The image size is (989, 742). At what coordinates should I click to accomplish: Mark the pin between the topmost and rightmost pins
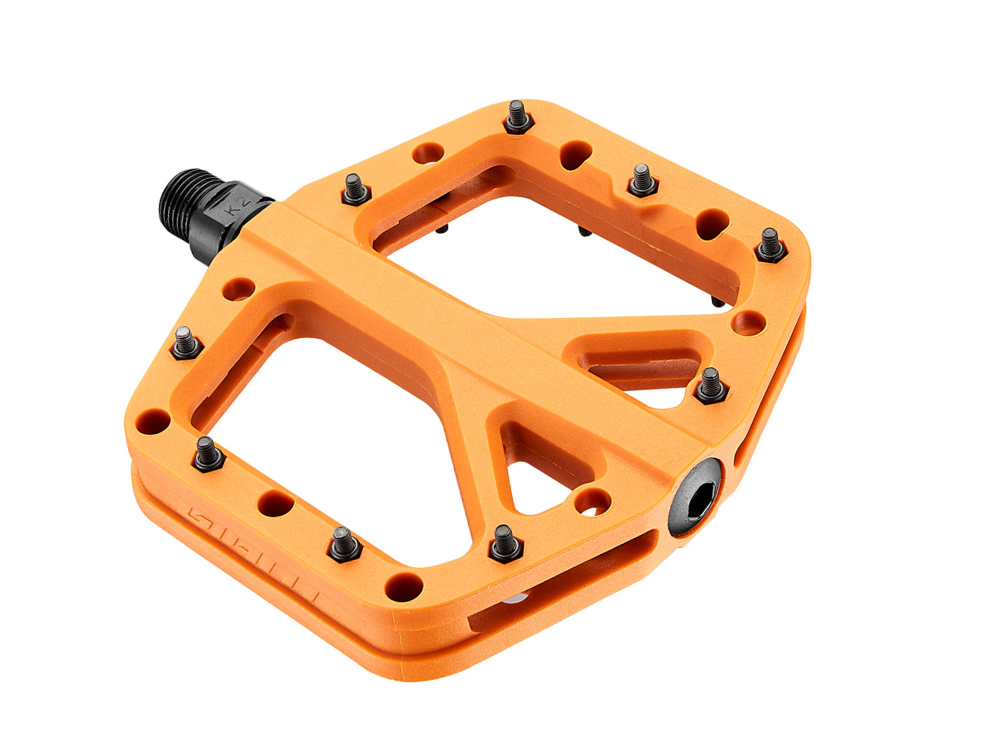(x=643, y=180)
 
